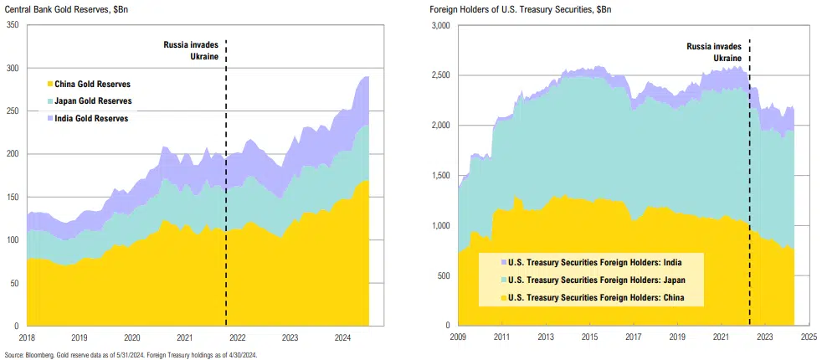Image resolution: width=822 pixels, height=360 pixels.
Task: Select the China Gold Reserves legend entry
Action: (92, 85)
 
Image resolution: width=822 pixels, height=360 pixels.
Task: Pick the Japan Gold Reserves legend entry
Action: (93, 101)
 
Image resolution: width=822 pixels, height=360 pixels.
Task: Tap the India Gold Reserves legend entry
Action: (91, 118)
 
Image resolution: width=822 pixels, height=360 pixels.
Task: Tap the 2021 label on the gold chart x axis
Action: (185, 338)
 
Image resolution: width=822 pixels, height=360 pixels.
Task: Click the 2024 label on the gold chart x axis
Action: (343, 338)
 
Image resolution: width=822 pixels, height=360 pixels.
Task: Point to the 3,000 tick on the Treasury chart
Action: (440, 26)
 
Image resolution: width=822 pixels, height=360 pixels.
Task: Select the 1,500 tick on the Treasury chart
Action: (440, 176)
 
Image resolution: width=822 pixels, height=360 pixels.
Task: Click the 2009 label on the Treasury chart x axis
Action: (457, 338)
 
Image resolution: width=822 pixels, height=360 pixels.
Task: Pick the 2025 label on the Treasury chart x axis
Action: (807, 338)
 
